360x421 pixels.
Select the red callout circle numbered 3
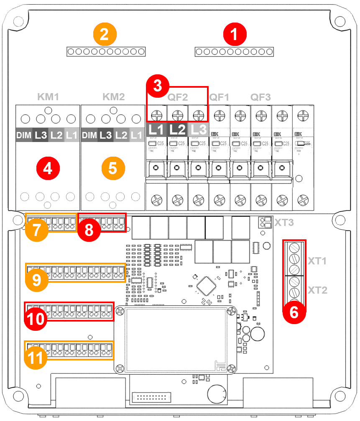pos(157,86)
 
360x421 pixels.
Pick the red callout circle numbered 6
pos(294,312)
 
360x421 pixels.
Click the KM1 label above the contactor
pos(48,97)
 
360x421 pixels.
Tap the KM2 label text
pos(113,97)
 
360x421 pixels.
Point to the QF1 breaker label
pos(220,97)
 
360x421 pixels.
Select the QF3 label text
pos(260,97)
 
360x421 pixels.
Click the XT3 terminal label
pos(284,222)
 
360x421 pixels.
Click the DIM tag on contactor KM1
pos(24,135)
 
